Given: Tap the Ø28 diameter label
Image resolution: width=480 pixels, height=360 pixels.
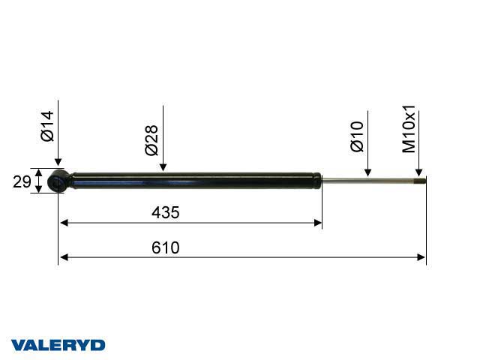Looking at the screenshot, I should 151,140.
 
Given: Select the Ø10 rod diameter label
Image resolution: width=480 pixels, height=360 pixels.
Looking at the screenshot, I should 357,136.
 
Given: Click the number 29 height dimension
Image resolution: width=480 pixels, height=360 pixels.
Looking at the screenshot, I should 21,181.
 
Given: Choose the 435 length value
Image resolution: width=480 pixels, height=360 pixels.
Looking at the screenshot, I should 166,212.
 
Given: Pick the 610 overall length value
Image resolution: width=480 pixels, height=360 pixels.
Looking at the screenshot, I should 166,247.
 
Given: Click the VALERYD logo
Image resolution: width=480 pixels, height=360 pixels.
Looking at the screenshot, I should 58,345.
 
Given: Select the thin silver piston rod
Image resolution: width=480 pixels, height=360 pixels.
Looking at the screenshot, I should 367,179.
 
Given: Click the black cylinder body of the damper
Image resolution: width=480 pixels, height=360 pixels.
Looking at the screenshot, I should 195,180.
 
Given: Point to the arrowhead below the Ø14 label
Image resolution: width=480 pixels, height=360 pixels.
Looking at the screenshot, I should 58,164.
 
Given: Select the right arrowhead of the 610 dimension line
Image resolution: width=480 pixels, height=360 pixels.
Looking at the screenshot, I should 421,257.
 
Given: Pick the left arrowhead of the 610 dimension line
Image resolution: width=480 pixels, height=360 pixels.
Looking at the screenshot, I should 63,257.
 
